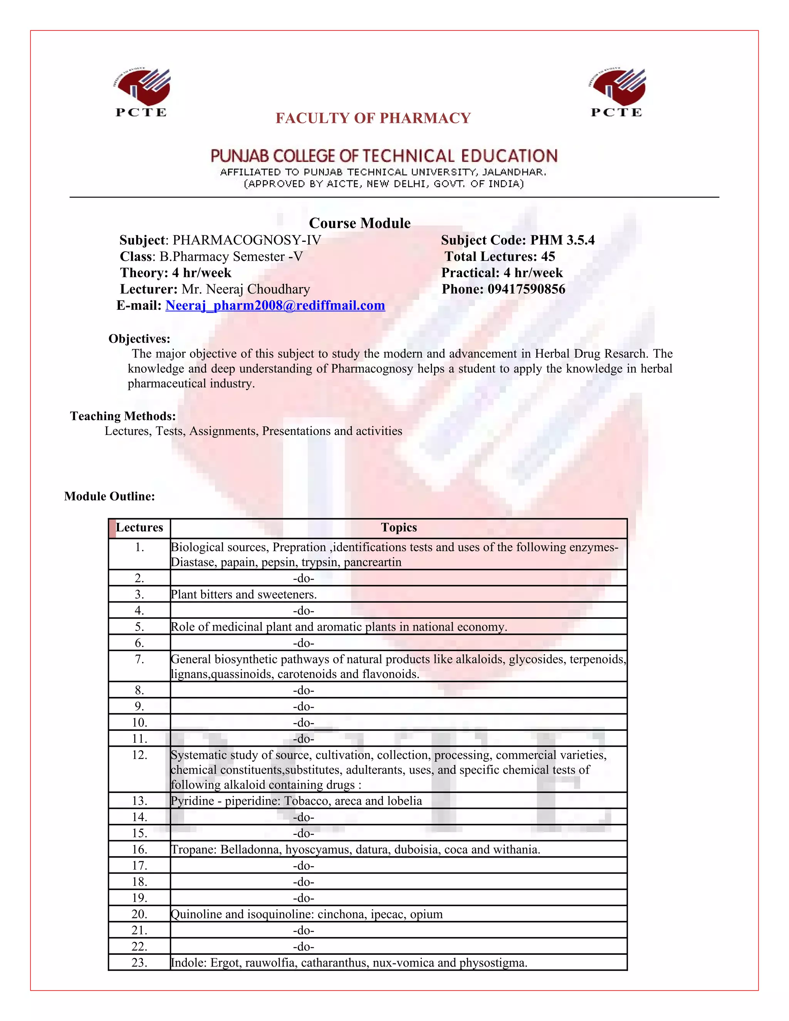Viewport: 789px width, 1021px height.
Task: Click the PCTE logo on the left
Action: [x=141, y=92]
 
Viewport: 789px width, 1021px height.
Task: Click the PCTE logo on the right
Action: [x=616, y=92]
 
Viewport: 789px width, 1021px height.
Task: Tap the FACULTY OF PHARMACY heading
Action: [x=373, y=118]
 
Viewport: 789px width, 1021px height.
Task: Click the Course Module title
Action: [x=359, y=223]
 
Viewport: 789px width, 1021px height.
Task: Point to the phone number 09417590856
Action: [x=526, y=289]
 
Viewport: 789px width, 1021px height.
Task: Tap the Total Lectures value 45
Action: [x=548, y=256]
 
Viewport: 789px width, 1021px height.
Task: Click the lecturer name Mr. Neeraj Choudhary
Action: [x=245, y=289]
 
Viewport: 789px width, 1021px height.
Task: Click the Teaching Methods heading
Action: [x=123, y=416]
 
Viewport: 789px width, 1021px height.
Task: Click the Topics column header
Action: [x=399, y=527]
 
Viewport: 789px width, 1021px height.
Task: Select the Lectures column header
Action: [x=139, y=527]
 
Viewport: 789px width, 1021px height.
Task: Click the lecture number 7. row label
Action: [x=139, y=659]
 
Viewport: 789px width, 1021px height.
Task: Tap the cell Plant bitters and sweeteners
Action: [x=243, y=594]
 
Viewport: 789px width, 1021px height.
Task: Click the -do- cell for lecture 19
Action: [x=303, y=898]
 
